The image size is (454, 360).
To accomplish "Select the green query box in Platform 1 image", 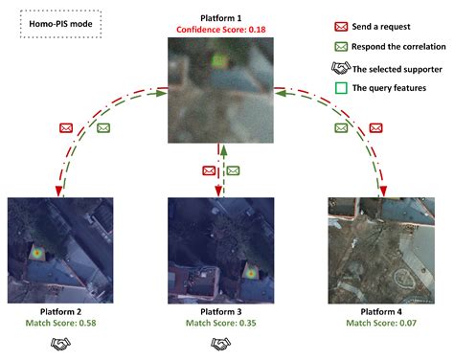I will [x=220, y=63].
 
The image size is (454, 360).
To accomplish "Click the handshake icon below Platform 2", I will [x=60, y=343].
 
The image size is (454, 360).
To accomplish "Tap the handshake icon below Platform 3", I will [x=221, y=343].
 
